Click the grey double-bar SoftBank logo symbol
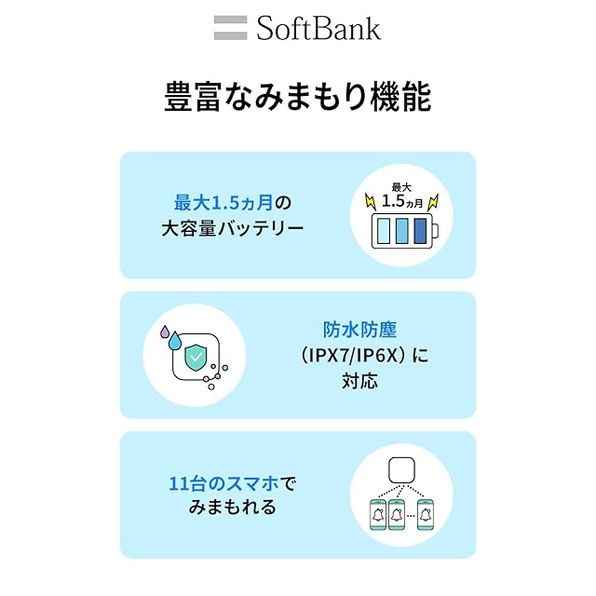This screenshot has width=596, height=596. [x=230, y=28]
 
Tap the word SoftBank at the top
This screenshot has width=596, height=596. [x=318, y=28]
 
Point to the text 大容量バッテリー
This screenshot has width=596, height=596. [x=233, y=226]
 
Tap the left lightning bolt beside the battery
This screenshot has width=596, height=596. [x=370, y=201]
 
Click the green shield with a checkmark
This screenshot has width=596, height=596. [x=196, y=355]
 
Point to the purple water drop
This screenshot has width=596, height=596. [x=165, y=330]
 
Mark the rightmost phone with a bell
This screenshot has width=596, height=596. [x=426, y=515]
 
